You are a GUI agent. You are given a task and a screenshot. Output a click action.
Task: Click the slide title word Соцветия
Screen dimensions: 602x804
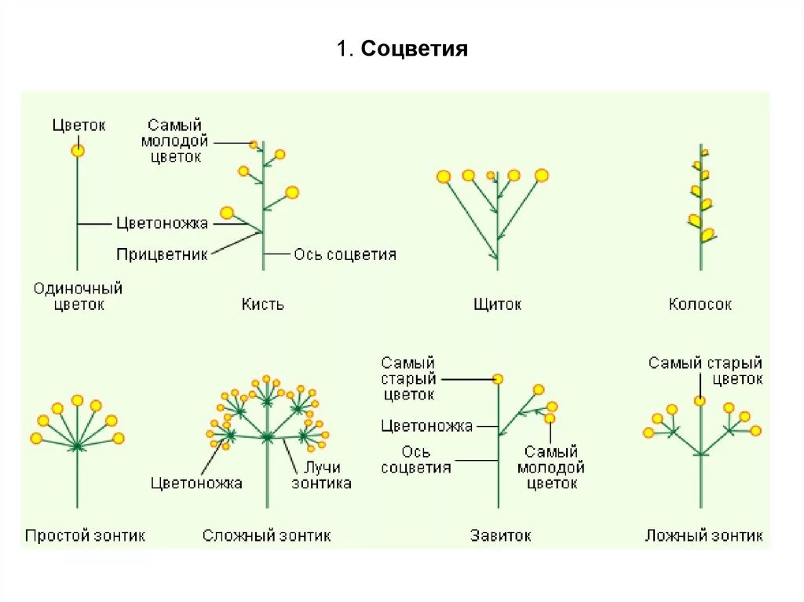click(415, 50)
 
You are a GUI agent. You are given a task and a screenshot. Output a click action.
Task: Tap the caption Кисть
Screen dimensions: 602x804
click(262, 304)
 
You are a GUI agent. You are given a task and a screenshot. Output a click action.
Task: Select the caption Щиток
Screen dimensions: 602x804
click(497, 304)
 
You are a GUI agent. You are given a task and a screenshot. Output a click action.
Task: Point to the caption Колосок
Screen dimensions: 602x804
click(700, 304)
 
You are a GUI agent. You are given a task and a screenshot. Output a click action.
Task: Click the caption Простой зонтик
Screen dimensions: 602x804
click(85, 536)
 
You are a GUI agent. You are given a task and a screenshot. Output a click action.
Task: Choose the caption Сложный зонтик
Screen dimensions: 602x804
click(266, 536)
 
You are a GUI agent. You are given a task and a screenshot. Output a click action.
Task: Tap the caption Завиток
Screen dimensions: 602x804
click(500, 536)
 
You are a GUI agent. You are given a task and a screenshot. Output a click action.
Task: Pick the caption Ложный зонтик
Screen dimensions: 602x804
click(703, 536)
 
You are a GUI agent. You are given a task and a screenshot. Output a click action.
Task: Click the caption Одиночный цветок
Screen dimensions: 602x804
click(78, 297)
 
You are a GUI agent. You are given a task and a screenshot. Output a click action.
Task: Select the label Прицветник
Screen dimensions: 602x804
click(162, 255)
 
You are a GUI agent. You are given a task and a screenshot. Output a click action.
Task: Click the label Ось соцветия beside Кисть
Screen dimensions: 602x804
click(345, 254)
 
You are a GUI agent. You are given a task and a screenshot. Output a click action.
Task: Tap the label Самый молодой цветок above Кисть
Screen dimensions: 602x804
click(174, 140)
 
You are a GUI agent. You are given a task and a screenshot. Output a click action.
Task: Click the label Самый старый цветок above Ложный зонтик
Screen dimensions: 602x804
click(705, 370)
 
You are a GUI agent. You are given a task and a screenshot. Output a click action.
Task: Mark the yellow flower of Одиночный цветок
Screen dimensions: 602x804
click(78, 150)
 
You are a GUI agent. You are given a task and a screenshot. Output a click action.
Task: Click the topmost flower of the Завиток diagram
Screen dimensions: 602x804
click(497, 379)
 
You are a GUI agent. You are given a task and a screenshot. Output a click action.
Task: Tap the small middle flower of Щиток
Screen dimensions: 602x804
click(491, 175)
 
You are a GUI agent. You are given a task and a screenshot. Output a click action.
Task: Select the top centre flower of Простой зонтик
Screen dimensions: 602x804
click(77, 400)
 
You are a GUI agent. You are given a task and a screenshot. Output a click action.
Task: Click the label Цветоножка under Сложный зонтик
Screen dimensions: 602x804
click(196, 483)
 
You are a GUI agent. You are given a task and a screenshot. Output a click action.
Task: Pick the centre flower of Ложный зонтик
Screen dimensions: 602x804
click(700, 401)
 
